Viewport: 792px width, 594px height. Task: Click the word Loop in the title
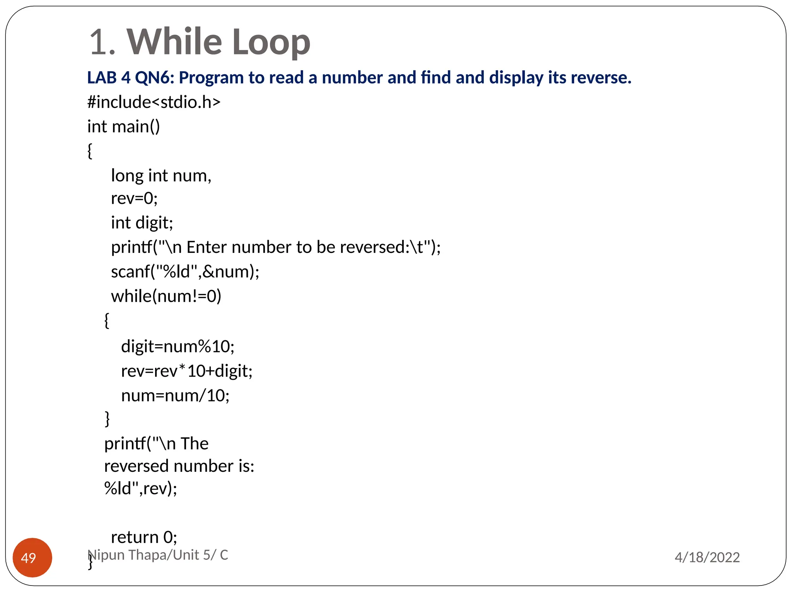coord(271,42)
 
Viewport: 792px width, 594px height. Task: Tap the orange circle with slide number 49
coord(32,557)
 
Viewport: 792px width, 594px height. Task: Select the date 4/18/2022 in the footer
coord(707,557)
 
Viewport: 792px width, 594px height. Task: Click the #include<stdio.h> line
coord(154,102)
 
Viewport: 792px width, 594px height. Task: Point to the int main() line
coord(123,126)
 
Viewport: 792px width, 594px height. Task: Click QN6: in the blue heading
coord(155,78)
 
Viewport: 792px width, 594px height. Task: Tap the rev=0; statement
coord(134,198)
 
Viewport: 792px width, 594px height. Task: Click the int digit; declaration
coord(142,223)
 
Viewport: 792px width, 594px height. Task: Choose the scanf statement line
coord(185,271)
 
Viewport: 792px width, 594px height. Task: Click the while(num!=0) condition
coord(166,296)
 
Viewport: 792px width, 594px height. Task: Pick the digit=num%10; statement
coord(178,346)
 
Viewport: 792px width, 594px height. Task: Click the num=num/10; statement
coord(175,396)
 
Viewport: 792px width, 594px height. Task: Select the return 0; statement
coord(144,537)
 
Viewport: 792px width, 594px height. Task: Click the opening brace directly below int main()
coord(90,151)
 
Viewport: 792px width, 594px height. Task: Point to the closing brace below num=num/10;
coord(107,419)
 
